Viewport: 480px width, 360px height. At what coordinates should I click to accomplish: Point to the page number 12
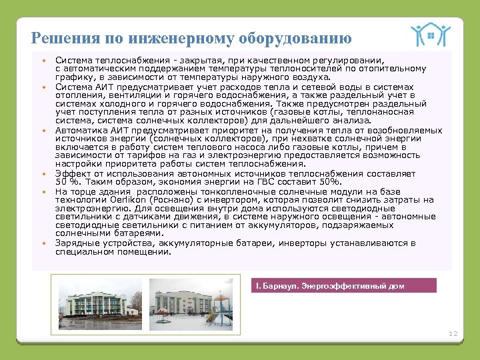click(453, 333)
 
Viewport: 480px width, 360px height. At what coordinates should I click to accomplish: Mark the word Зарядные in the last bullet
click(76, 243)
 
